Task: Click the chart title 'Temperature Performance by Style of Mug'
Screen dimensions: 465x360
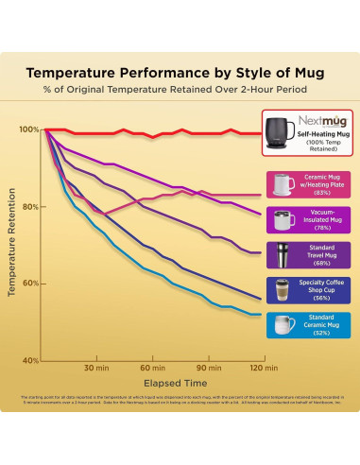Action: coord(180,72)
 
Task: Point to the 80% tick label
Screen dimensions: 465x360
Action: coord(29,207)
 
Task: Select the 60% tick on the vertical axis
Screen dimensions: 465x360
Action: coord(29,284)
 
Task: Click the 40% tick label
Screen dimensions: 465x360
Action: coord(29,360)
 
